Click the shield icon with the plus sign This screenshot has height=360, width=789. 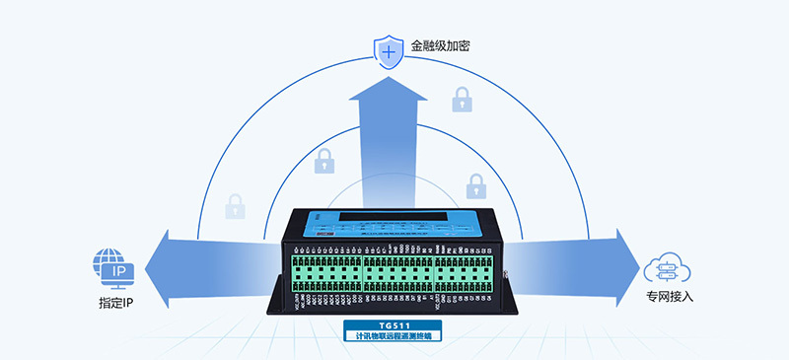(x=389, y=49)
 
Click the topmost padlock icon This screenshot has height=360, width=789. (x=461, y=100)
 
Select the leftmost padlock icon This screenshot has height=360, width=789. (x=235, y=206)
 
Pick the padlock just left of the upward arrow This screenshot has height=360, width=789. (x=323, y=160)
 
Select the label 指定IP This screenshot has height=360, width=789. (x=115, y=301)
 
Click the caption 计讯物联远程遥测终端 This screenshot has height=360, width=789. (x=394, y=336)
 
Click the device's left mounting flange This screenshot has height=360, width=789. (x=276, y=296)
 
